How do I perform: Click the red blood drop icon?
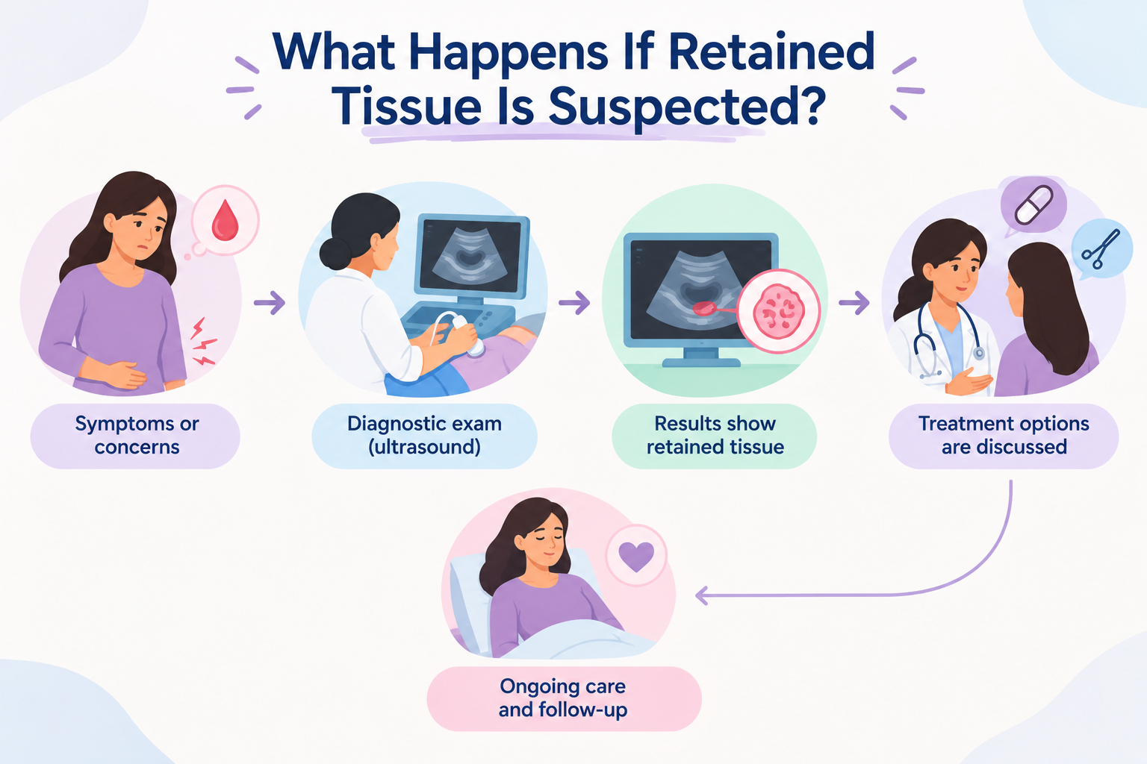225,221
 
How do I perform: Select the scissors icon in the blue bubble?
1101,250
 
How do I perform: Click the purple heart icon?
636,557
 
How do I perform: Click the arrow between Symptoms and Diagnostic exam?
270,302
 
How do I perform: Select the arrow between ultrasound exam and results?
574,302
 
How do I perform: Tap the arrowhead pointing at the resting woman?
701,595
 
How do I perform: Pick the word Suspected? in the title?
688,107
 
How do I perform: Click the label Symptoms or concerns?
137,436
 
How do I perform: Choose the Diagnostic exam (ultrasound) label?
424,436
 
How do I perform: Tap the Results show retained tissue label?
715,436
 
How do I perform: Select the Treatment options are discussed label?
1004,436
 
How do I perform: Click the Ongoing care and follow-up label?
563,698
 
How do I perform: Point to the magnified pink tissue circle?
778,311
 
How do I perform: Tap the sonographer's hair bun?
335,253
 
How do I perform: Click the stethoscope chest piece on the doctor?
978,353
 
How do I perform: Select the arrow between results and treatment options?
854,302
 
